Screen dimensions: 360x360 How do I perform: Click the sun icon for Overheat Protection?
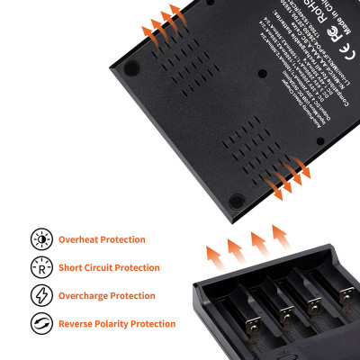click(40, 239)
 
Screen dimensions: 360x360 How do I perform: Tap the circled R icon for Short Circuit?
click(40, 267)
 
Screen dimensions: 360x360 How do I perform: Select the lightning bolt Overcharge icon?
click(40, 295)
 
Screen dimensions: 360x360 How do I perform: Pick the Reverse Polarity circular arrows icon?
click(40, 323)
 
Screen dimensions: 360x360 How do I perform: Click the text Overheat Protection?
click(103, 239)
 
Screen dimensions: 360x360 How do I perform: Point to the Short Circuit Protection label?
click(110, 267)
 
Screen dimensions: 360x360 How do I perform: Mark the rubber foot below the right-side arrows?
click(237, 200)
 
